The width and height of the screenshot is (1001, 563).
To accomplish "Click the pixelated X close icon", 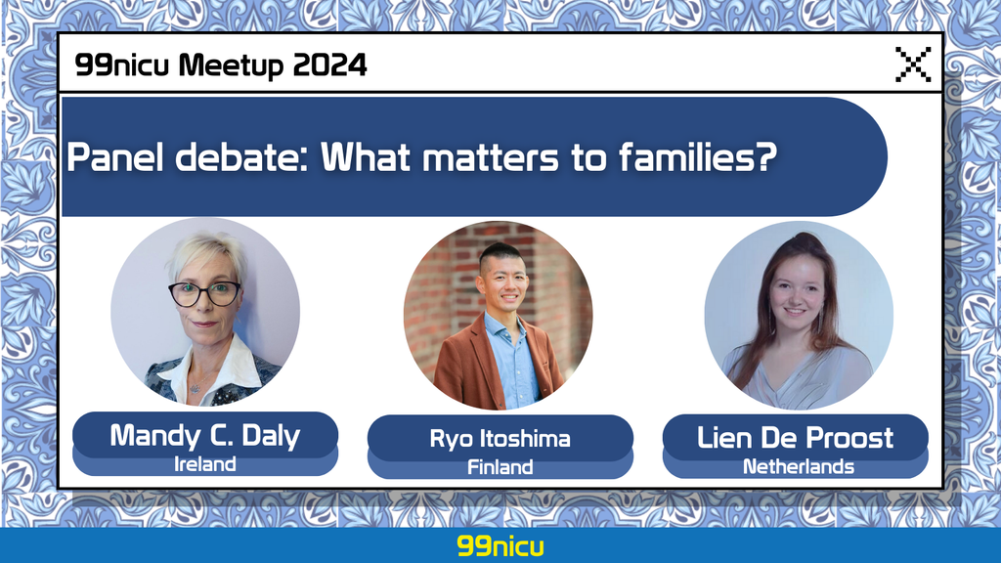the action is pos(913,64).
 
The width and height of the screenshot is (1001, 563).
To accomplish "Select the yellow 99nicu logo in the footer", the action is pos(500,546).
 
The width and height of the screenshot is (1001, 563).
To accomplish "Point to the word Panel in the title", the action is pos(115,157).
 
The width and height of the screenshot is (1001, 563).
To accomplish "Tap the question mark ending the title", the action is pos(766,156).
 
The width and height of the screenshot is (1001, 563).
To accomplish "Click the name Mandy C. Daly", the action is pos(205,435).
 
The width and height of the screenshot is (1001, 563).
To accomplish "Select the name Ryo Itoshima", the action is pos(500,439).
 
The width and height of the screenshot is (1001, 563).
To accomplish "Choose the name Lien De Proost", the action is pos(795,438).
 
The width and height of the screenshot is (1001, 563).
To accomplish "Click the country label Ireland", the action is pos(205,464).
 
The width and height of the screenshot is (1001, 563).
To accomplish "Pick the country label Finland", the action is pos(500,467).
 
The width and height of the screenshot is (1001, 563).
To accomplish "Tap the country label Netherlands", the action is pos(798,466).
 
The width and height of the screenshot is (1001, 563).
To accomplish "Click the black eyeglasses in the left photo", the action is pos(204,293).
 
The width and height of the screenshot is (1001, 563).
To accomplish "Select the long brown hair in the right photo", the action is pos(820,300).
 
